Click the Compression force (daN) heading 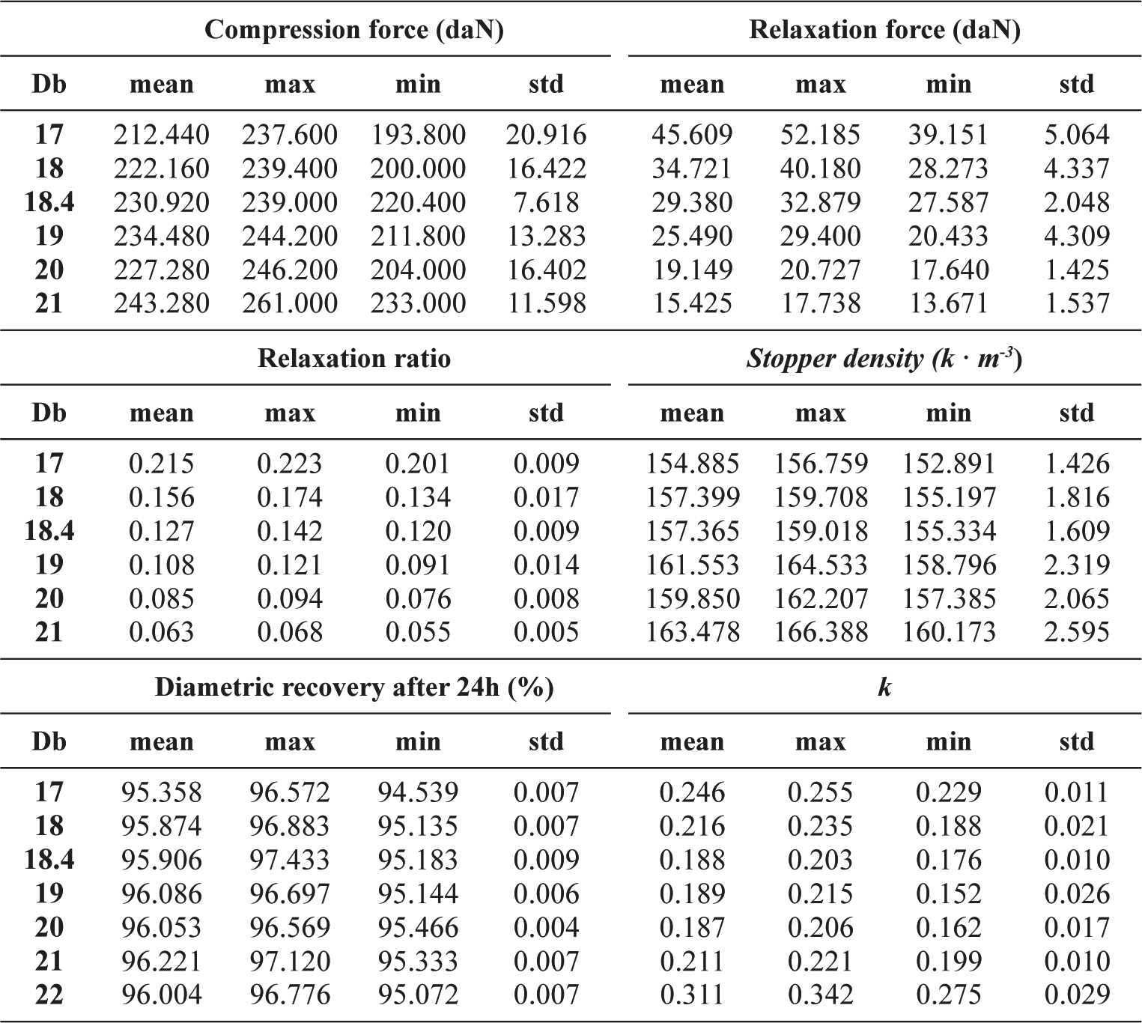(x=353, y=30)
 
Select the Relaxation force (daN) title (x=884, y=30)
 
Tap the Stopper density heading (x=884, y=359)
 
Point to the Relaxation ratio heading (x=354, y=359)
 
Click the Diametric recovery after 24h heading (x=354, y=687)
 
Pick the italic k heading (x=884, y=687)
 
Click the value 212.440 (x=162, y=135)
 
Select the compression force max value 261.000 (x=290, y=303)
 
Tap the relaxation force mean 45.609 (x=692, y=135)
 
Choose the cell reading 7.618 (x=546, y=202)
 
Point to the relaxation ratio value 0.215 (x=161, y=464)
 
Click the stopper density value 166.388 (x=821, y=632)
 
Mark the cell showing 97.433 (x=290, y=860)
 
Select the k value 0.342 (x=821, y=995)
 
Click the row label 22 (x=49, y=995)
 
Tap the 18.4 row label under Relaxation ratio (x=49, y=531)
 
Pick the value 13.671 (x=949, y=303)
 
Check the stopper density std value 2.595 (x=1077, y=632)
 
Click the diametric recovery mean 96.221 (x=162, y=961)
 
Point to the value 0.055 (x=418, y=632)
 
